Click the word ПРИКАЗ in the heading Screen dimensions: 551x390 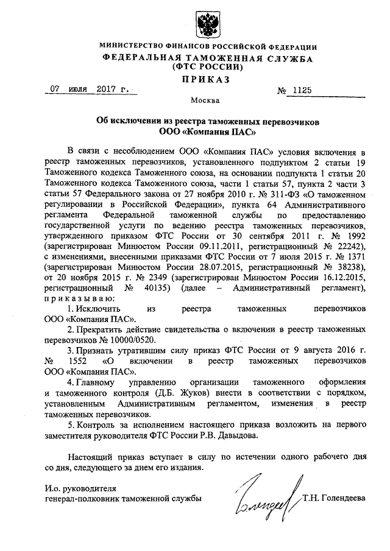pos(195,79)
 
